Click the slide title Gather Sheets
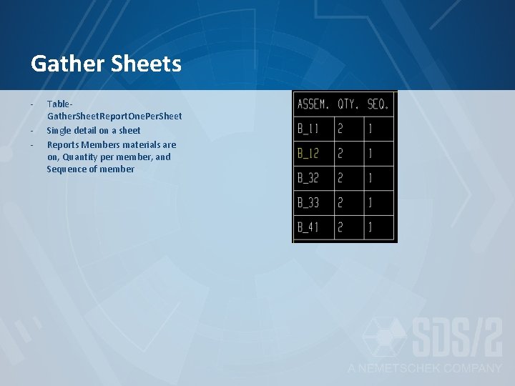click(x=106, y=65)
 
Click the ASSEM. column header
click(x=313, y=104)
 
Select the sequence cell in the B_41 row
click(x=371, y=227)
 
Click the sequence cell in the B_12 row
click(x=371, y=154)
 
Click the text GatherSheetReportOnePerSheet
click(x=114, y=117)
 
